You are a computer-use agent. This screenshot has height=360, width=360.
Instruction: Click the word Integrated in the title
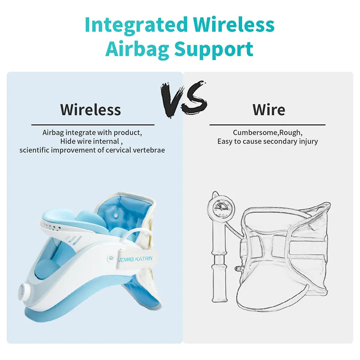pos(136,25)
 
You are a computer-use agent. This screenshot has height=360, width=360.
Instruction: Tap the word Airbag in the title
pos(137,49)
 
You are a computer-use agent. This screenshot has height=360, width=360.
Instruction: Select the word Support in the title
pos(214,49)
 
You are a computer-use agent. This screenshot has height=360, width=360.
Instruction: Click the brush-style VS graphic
pos(183,99)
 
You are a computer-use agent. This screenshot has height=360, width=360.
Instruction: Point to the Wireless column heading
pos(90,110)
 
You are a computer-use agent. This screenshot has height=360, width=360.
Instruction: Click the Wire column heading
pos(269,110)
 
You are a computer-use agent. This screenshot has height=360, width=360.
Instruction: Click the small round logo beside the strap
pos(111,258)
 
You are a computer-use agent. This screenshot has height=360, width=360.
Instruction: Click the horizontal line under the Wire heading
pos(267,125)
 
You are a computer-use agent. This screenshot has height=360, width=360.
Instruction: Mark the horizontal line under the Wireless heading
pos(93,125)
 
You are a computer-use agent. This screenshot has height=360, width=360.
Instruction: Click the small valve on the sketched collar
pos(238,268)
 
